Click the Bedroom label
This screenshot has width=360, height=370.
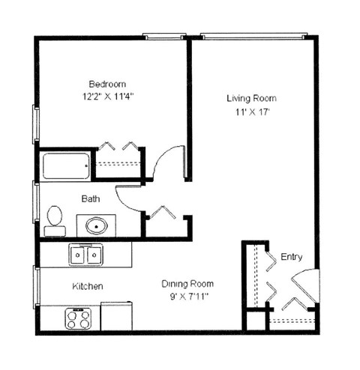(x=107, y=83)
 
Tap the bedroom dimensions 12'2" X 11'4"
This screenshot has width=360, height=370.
(x=109, y=97)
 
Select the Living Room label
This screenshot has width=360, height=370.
(x=251, y=98)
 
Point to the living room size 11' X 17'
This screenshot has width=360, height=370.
(x=252, y=112)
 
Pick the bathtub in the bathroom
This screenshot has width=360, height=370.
(x=66, y=166)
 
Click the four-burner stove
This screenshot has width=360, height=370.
(x=78, y=318)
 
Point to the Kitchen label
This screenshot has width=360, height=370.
(x=87, y=287)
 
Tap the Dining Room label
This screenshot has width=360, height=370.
(x=187, y=284)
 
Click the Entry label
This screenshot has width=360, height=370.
(x=292, y=257)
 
